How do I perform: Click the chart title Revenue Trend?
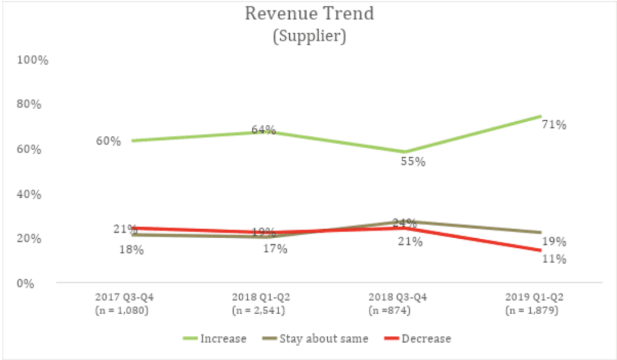pyautogui.click(x=309, y=13)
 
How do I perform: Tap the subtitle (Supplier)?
pyautogui.click(x=309, y=36)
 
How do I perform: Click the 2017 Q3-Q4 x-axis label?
pyautogui.click(x=128, y=297)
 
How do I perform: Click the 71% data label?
pyautogui.click(x=553, y=125)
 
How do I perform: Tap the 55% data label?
pyautogui.click(x=414, y=162)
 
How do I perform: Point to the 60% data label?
pyautogui.click(x=108, y=141)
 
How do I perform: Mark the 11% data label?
pyautogui.click(x=553, y=259)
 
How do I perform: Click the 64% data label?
pyautogui.click(x=263, y=130)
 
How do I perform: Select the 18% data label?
pyautogui.click(x=131, y=249)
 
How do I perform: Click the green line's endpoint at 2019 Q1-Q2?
pyautogui.click(x=540, y=116)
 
